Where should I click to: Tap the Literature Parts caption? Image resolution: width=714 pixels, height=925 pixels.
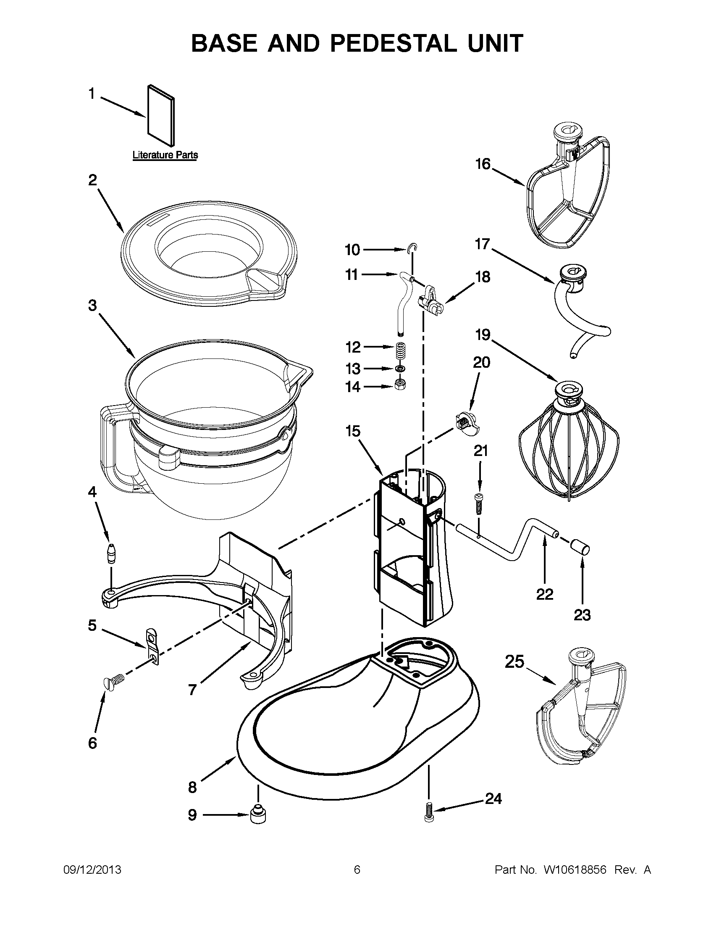pos(165,155)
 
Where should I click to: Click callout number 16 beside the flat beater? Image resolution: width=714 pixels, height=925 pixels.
pos(483,164)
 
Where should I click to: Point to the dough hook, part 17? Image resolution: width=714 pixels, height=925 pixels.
pos(580,309)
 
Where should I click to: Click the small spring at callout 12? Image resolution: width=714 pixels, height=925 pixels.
pos(399,351)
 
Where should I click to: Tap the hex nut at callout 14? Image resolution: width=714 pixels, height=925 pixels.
pos(400,385)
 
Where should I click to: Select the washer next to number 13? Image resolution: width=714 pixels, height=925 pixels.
pos(399,369)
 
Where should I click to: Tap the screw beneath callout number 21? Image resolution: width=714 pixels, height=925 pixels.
pos(478,503)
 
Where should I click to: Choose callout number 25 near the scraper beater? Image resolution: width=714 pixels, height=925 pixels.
pos(514,661)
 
